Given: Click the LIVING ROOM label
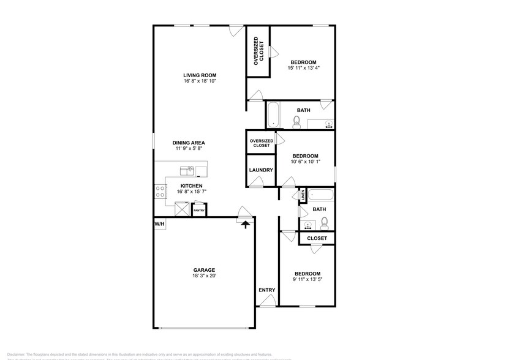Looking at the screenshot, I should pos(200,75).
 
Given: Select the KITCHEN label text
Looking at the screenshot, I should pos(191,186).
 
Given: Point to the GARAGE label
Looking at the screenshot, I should pos(204,270).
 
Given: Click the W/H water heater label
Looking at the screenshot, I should pos(159,225).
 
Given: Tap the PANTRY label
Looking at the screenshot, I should pos(199,211).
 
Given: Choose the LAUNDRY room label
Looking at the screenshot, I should pos(260,170).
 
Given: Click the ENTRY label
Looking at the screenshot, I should pos(266,290).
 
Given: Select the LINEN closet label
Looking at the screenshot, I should pos(303,195).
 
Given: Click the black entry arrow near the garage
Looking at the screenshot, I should pos(246,224).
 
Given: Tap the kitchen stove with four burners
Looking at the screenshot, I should pos(160,192).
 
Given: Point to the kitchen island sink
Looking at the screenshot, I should pos(187,170).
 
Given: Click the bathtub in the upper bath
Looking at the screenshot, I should pos(274,114).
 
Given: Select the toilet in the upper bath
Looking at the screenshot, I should pos(296,122).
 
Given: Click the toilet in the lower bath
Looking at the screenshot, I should pos(325,222).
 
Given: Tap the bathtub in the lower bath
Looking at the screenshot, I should pos(320,196).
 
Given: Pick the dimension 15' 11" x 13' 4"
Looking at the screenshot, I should pos(303,68).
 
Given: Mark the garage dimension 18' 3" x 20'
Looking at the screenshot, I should pos(204,276).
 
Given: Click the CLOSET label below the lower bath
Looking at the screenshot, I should pos(317,238).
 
